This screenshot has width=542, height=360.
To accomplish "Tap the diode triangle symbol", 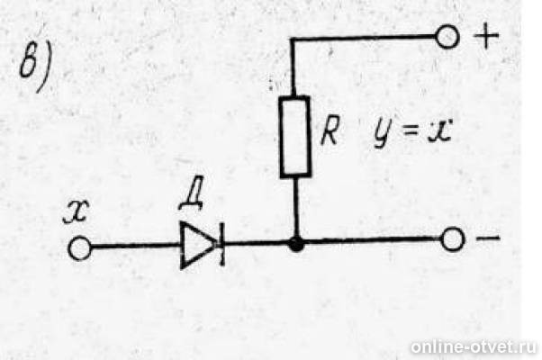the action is (198, 246).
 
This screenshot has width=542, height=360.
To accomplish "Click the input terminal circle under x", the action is (80, 248).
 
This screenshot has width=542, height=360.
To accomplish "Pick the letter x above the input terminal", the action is (77, 211).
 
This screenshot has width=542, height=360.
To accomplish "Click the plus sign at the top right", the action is (486, 35).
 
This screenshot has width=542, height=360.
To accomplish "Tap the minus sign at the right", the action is (488, 238).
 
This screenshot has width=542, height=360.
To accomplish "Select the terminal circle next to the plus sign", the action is (447, 36).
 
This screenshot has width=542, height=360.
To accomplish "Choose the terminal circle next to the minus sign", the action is (452, 239).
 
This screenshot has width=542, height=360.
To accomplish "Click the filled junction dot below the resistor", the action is (296, 244).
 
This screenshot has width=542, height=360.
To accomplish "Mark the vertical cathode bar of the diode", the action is (221, 244).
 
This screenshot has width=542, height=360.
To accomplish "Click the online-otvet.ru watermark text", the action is (474, 346).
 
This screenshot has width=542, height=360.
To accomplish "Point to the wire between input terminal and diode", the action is (136, 246).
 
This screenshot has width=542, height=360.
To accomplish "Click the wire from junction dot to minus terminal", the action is (372, 240).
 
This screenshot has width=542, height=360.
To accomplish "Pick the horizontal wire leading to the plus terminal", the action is (363, 37).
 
